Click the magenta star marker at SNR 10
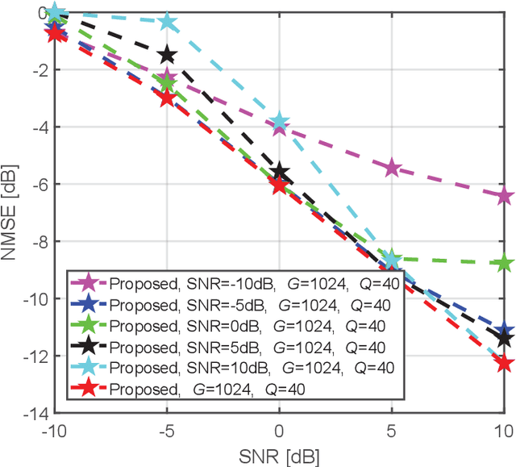tap(504, 196)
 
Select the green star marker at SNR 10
tap(504, 263)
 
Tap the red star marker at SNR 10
tap(504, 363)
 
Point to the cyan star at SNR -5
tap(167, 23)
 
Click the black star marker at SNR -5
tap(167, 55)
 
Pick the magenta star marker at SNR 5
tap(392, 168)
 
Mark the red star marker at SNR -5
tap(167, 98)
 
